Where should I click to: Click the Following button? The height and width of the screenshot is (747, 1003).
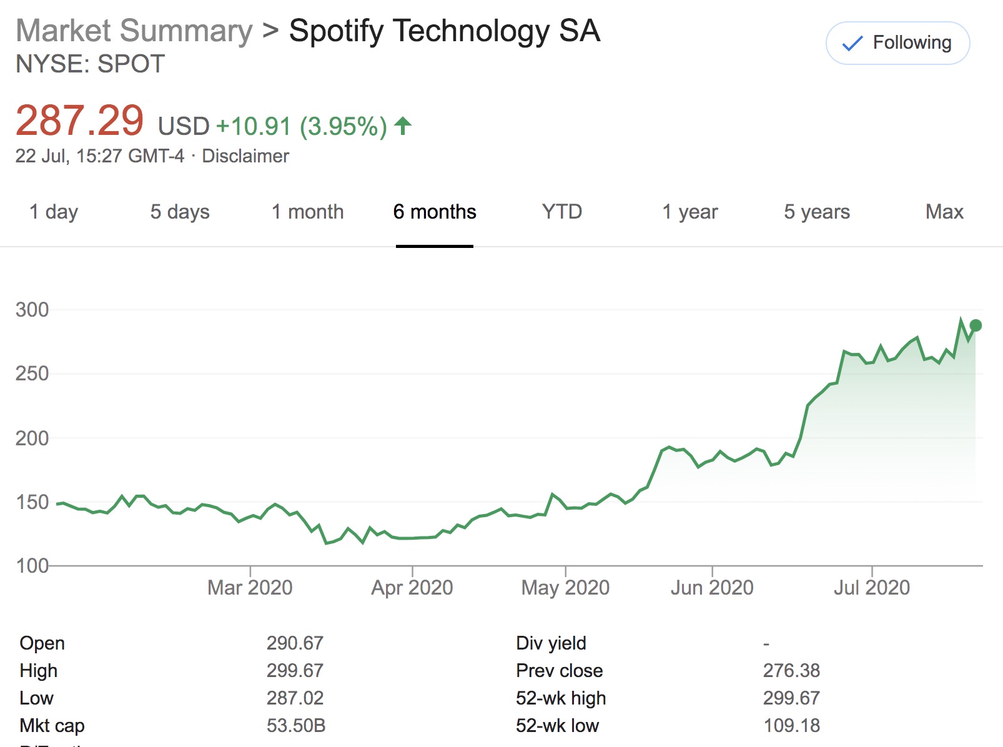tap(897, 43)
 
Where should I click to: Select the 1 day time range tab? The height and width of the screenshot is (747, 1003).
tap(54, 212)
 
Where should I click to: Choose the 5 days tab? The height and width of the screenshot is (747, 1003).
tap(180, 212)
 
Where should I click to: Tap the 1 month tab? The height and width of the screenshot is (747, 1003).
tap(307, 212)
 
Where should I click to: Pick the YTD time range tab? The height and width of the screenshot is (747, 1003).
tap(561, 212)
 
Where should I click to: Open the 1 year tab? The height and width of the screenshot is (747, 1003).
tap(689, 212)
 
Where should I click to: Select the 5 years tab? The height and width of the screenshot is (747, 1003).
tap(817, 212)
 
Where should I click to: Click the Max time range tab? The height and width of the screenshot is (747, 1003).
tap(944, 212)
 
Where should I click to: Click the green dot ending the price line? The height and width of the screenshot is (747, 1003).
tap(976, 325)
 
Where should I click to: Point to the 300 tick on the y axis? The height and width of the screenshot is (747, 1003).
tap(32, 310)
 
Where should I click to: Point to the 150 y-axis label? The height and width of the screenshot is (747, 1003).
tap(32, 502)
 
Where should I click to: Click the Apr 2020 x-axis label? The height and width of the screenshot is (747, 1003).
tap(412, 588)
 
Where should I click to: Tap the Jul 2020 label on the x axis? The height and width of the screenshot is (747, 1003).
tap(872, 588)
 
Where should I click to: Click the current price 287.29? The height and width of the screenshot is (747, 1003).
tap(80, 121)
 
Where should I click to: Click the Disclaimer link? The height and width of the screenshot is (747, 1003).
tap(245, 156)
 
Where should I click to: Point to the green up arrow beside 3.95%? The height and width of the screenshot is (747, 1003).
tap(403, 126)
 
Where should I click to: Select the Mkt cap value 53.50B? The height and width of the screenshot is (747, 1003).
tap(296, 726)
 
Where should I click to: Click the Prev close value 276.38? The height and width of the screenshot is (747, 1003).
tap(791, 671)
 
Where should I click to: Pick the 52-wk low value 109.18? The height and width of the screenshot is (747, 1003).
tap(791, 726)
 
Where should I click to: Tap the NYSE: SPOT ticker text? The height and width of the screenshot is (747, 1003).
tap(90, 64)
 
